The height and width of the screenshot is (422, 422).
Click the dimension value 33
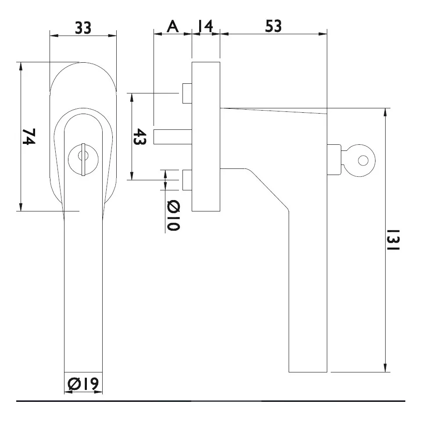[83, 27]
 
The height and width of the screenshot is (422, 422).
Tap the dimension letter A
[173, 27]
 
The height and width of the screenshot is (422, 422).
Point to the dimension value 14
[205, 27]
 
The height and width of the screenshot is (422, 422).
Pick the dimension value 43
[139, 137]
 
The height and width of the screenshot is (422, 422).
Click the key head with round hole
[360, 161]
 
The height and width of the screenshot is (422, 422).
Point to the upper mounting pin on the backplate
[187, 93]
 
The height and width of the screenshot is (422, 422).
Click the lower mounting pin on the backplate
[187, 180]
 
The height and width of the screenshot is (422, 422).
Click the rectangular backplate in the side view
[206, 136]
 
